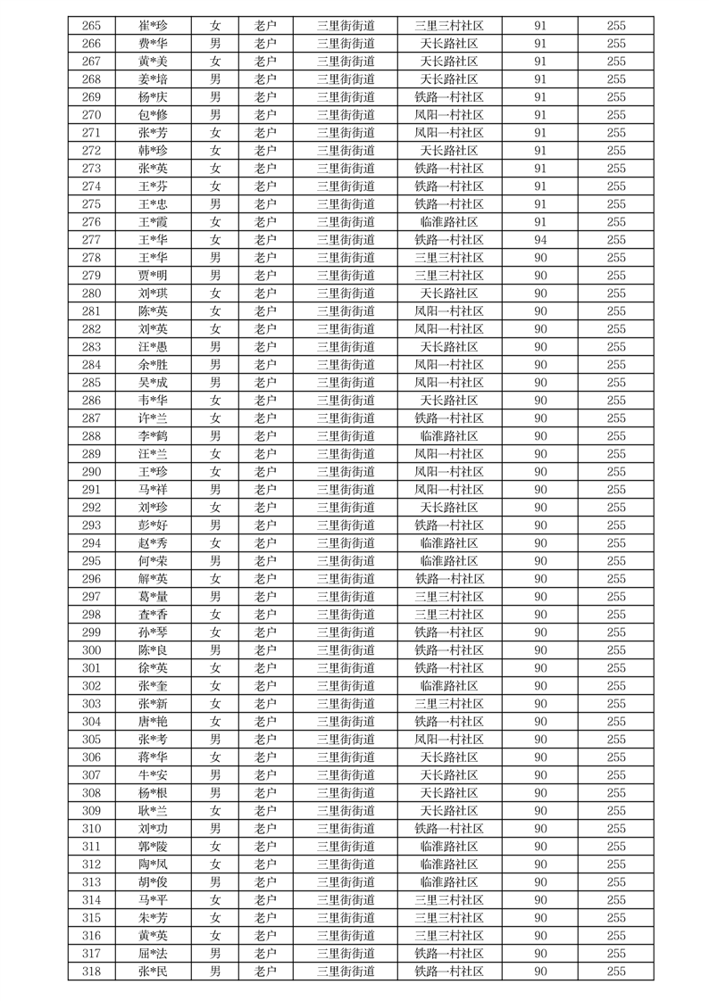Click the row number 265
[x=91, y=26]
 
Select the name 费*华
[x=153, y=44]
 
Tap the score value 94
[x=540, y=240]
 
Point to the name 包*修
[x=153, y=115]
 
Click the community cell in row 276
[x=449, y=222]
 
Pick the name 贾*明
[x=153, y=276]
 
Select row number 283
[x=91, y=347]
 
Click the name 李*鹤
[x=153, y=436]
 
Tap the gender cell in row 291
[x=215, y=490]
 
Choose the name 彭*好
[x=153, y=525]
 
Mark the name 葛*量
[x=153, y=597]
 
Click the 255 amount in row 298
[x=616, y=615]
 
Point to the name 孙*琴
[x=153, y=633]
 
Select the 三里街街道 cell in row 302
[x=346, y=686]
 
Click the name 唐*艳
[x=153, y=722]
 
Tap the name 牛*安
[x=153, y=775]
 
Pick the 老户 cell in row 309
[x=265, y=811]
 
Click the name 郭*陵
[x=153, y=847]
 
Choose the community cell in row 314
[x=449, y=900]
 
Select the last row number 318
[x=91, y=972]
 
